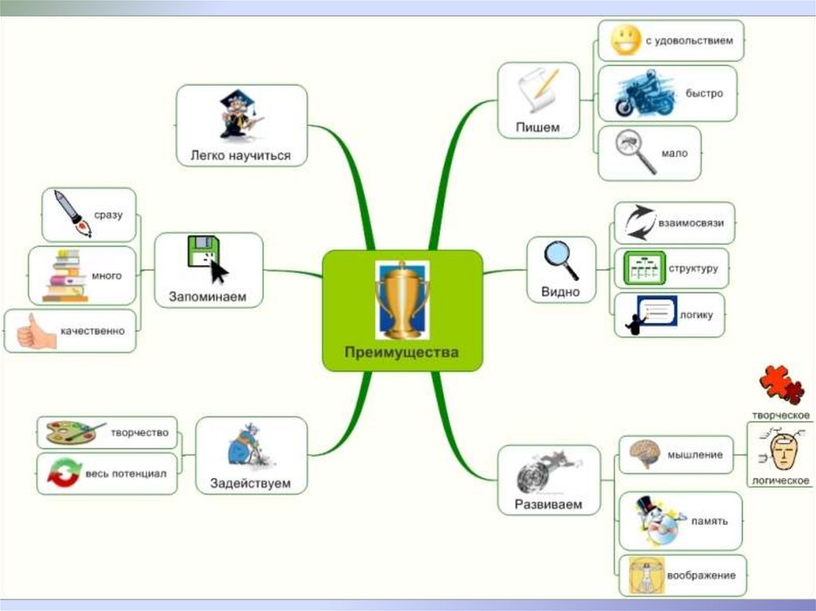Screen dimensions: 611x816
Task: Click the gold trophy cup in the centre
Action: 402,297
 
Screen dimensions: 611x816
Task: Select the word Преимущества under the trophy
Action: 402,352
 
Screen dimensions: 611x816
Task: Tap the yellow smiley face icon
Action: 626,40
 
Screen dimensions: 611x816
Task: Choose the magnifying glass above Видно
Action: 561,260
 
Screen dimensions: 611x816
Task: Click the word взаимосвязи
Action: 690,222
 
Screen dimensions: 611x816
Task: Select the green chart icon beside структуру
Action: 642,268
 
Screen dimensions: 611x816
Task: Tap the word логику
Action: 696,315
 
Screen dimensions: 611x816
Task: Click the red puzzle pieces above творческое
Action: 781,385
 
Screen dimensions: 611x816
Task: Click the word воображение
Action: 703,575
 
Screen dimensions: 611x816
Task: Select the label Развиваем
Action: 547,504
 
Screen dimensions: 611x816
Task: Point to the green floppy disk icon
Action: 202,252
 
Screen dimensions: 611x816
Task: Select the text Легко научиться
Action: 240,155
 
